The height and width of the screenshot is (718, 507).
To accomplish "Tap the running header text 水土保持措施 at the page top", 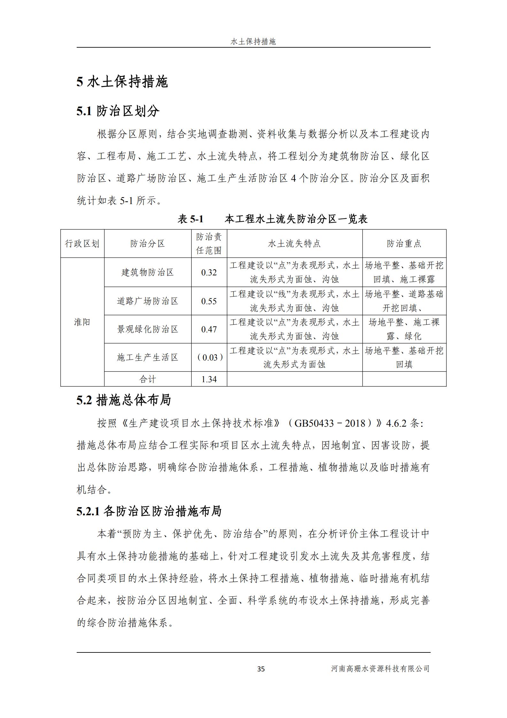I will point(253,42).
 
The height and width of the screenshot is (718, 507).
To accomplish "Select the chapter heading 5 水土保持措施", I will point(122,82).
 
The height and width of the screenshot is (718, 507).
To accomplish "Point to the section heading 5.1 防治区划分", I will point(118,111).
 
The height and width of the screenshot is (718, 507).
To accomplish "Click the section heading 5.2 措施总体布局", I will point(124,400).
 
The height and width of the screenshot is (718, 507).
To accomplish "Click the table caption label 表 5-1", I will point(190,219).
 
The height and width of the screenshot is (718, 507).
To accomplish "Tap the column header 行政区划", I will point(82,244).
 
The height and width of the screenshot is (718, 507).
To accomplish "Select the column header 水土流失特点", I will point(294,244).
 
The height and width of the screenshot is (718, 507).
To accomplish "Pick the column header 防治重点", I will point(404,244).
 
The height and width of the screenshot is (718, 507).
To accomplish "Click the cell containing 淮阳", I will point(82,322).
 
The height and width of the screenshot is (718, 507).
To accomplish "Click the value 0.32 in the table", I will point(209,272).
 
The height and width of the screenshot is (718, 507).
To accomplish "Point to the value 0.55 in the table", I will point(209,301).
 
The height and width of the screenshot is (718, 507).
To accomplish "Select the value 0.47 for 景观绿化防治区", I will point(209,329).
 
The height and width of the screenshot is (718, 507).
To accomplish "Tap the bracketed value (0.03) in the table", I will point(209,357).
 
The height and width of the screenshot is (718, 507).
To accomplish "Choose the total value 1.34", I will point(209,379).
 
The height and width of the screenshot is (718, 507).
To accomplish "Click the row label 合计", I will point(148,379).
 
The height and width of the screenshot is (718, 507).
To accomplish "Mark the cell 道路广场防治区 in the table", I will point(148,301).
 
